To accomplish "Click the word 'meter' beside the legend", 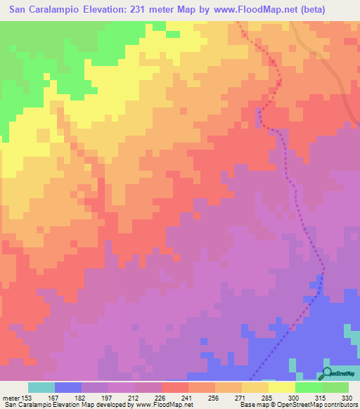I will (x=9, y=397).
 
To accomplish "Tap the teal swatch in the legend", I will (x=41, y=387).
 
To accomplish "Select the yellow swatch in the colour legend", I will (x=281, y=387).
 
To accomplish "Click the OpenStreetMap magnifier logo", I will (x=327, y=373).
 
